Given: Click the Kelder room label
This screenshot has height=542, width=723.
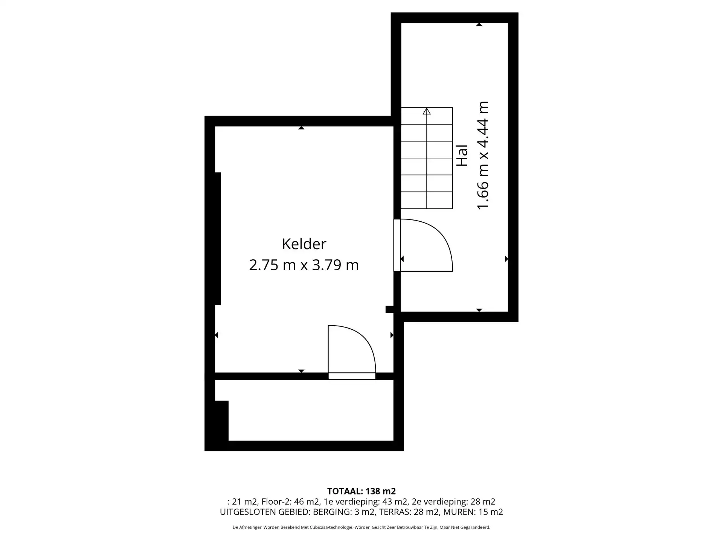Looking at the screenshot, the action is (x=304, y=244).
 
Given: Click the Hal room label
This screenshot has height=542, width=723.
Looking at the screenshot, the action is (x=462, y=155).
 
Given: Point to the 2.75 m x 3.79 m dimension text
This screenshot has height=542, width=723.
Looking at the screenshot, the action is (x=304, y=265).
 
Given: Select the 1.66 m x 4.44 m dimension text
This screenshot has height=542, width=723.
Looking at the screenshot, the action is (x=483, y=155).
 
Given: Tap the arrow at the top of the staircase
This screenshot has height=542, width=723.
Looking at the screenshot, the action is (x=427, y=111).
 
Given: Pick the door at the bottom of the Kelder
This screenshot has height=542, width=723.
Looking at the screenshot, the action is (x=352, y=352).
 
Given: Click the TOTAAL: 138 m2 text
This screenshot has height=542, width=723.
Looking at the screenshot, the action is (x=361, y=491).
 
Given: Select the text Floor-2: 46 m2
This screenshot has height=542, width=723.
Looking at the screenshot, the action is (x=289, y=502).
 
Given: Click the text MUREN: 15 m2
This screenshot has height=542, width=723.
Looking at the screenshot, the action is (x=473, y=512).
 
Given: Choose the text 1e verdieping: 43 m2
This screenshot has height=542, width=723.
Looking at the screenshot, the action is (x=365, y=502).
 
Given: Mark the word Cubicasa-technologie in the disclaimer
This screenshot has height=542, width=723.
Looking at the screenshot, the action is (x=331, y=527).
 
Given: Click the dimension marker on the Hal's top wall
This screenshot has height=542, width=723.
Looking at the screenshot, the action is (x=479, y=24).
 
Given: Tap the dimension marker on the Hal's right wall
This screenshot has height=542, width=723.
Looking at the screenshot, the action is (x=506, y=259).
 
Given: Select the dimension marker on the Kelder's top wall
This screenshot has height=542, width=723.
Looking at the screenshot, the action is (x=301, y=128).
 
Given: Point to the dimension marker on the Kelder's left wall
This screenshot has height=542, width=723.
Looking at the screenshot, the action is (x=217, y=335).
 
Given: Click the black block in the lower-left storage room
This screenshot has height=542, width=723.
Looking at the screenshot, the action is (x=222, y=421).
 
